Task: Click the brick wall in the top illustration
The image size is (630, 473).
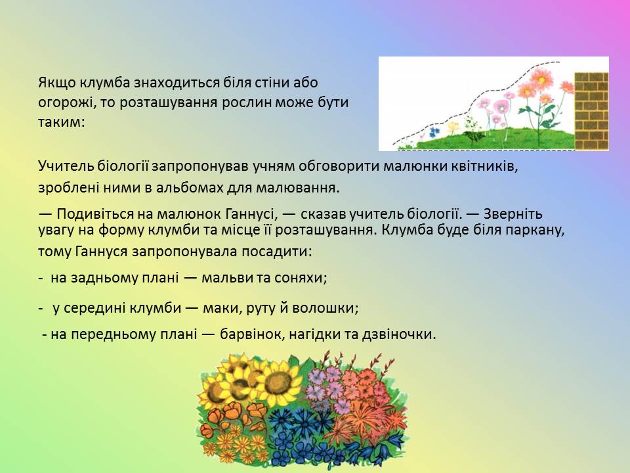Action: click(591, 111)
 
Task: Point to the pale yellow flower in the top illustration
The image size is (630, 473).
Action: click(453, 127)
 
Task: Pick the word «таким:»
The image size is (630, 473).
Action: click(62, 122)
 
